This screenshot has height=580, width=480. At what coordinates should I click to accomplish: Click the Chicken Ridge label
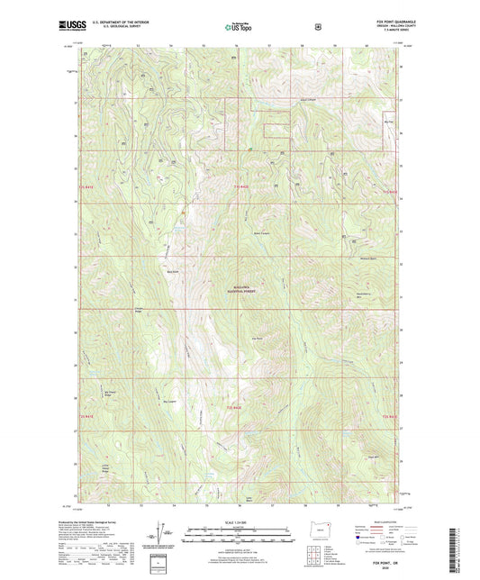[x=139, y=312]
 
